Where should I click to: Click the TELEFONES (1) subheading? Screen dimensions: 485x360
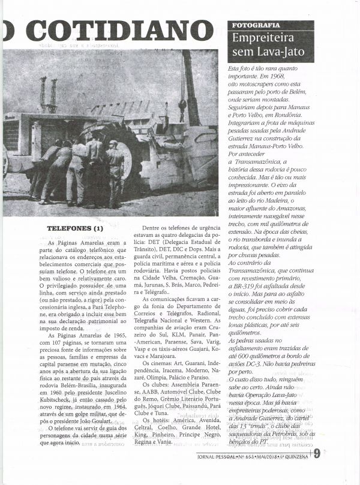(x=75, y=228)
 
